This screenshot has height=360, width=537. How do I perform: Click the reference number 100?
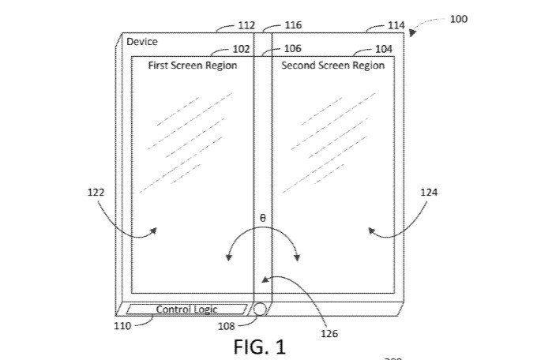(x=458, y=19)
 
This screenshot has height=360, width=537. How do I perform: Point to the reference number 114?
(x=396, y=25)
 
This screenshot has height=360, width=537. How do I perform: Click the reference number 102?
(x=242, y=49)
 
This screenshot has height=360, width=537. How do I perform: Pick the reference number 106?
(x=281, y=49)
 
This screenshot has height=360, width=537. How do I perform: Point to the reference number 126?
(x=329, y=334)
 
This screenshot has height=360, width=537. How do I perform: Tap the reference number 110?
(x=122, y=325)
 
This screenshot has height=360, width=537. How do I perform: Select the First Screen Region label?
(x=193, y=66)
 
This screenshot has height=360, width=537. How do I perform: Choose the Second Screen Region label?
(x=333, y=66)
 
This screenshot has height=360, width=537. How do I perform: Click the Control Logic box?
(x=186, y=309)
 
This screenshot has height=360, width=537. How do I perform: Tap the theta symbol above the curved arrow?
(x=263, y=217)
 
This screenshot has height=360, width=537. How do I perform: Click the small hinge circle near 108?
(x=259, y=309)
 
